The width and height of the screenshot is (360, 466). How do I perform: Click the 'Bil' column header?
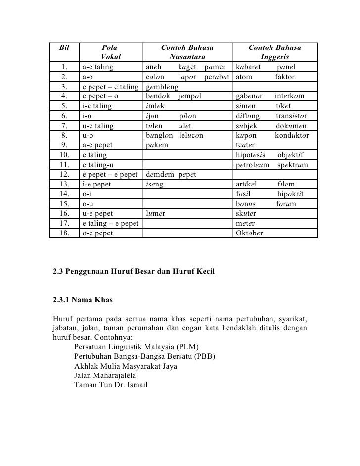(64, 48)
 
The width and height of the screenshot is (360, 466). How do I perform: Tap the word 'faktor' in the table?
(284, 77)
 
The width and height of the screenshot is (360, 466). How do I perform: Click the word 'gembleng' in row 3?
(161, 87)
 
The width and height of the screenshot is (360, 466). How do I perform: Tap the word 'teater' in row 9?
(245, 145)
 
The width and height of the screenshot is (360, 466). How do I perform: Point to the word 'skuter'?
(246, 213)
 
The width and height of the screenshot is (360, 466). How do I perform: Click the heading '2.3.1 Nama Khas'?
(83, 299)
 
